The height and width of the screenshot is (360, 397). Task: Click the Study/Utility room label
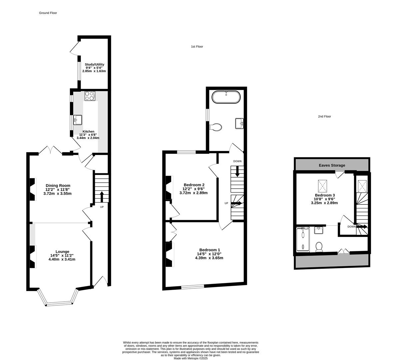(x=94, y=65)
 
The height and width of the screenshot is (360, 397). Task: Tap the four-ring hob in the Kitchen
(x=90, y=96)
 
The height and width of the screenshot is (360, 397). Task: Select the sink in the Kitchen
(x=78, y=119)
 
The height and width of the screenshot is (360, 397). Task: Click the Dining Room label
(x=58, y=186)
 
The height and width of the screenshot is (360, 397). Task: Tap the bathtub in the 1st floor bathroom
(x=226, y=97)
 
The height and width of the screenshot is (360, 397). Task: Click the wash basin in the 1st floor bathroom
(x=239, y=123)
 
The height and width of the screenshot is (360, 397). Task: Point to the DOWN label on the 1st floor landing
(x=237, y=161)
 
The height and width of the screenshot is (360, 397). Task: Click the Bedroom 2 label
(x=194, y=185)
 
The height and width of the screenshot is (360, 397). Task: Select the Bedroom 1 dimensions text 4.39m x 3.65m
(x=209, y=258)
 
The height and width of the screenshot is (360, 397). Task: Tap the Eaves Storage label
(x=332, y=165)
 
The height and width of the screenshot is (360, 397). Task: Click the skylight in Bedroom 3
(x=323, y=184)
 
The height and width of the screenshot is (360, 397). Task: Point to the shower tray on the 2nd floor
(x=303, y=239)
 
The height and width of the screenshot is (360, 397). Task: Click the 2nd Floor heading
(x=324, y=117)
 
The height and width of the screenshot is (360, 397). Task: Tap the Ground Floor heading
(x=48, y=13)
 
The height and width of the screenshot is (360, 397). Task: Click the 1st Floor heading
(x=197, y=47)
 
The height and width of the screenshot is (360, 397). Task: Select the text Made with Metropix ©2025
(x=191, y=358)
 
